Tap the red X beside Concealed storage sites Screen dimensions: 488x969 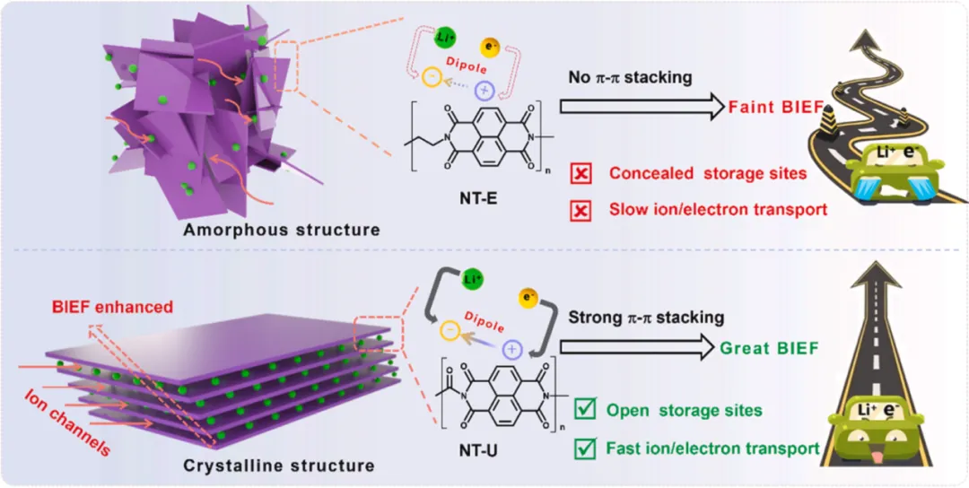click(x=581, y=174)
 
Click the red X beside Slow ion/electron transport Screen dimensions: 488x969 click(x=581, y=210)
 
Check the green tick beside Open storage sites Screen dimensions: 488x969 click(x=583, y=411)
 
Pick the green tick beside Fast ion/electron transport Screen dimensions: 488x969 click(x=583, y=446)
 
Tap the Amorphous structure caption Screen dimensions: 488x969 click(x=281, y=230)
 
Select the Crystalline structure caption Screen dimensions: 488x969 click(x=278, y=466)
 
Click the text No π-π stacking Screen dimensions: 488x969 click(x=630, y=77)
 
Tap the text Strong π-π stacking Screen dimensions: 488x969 click(x=647, y=318)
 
